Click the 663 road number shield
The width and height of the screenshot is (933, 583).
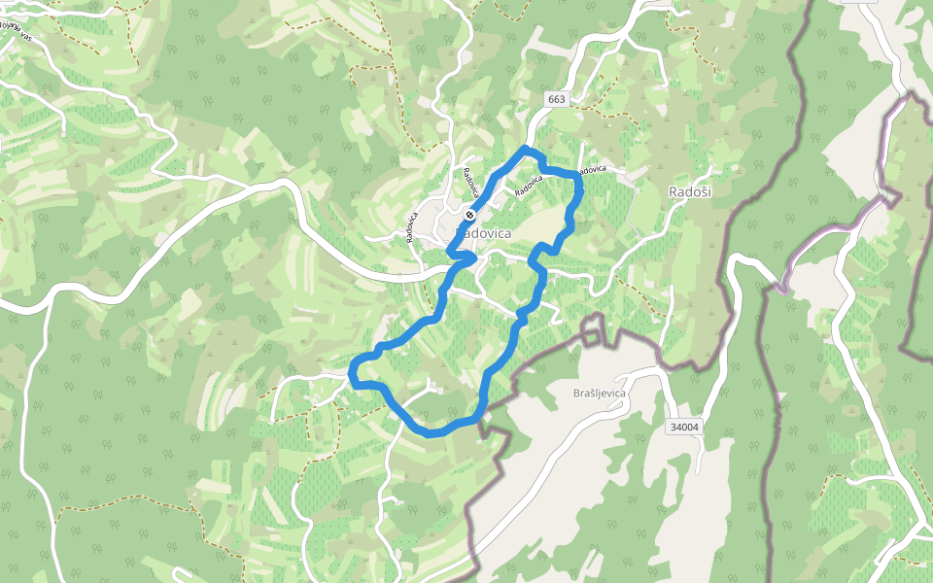pos(556,99)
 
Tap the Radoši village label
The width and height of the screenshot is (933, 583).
pos(690,192)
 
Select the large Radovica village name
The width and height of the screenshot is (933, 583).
pos(484,233)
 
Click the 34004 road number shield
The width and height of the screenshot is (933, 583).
pos(685,427)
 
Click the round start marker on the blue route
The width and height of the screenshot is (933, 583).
pos(469,215)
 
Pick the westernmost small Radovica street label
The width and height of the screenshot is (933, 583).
pos(413,224)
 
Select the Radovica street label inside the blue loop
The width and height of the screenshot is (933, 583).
pos(528,186)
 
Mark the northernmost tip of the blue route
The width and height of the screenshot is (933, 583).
pos(526,148)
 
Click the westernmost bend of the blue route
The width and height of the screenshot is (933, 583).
pos(352,371)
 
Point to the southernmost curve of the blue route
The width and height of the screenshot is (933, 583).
pos(430,432)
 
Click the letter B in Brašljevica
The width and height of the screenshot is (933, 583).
pos(577,394)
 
